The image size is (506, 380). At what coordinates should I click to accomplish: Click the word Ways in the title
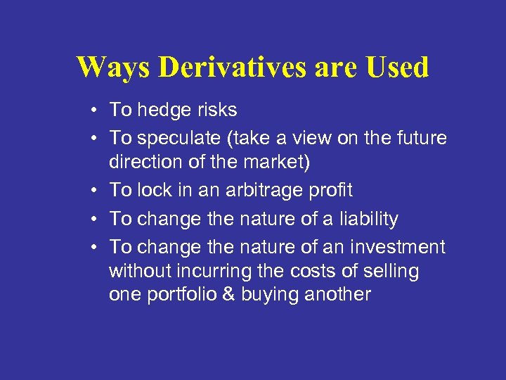pyautogui.click(x=112, y=68)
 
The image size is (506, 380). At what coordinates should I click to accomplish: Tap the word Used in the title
pyautogui.click(x=398, y=68)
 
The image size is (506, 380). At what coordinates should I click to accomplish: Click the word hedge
pyautogui.click(x=162, y=110)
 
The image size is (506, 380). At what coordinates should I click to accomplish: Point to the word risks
pyautogui.click(x=216, y=110)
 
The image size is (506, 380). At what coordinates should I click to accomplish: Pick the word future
pyautogui.click(x=420, y=138)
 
